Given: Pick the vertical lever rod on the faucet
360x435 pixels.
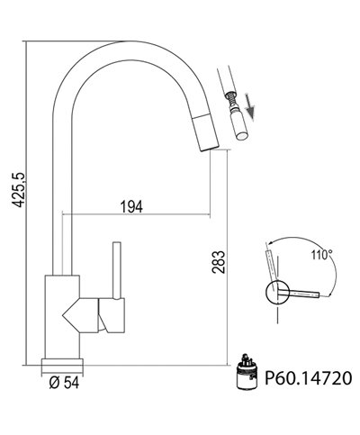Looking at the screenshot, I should point(115,269).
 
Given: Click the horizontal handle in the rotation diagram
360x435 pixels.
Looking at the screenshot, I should point(302,293).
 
